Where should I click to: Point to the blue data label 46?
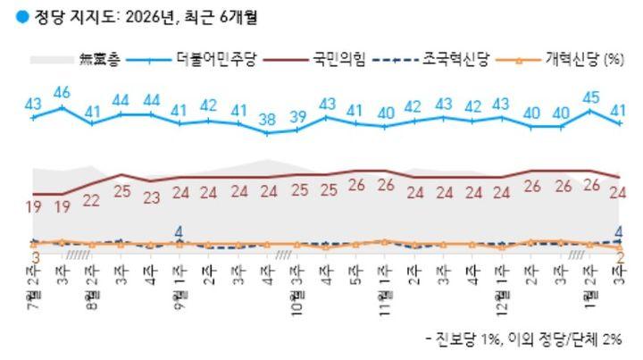62,92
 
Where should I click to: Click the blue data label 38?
267,119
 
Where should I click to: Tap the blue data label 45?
590,96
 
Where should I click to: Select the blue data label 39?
296,116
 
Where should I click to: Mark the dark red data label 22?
92,200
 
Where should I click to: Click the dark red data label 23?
151,198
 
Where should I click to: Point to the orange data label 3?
35,257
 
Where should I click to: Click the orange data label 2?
619,257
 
